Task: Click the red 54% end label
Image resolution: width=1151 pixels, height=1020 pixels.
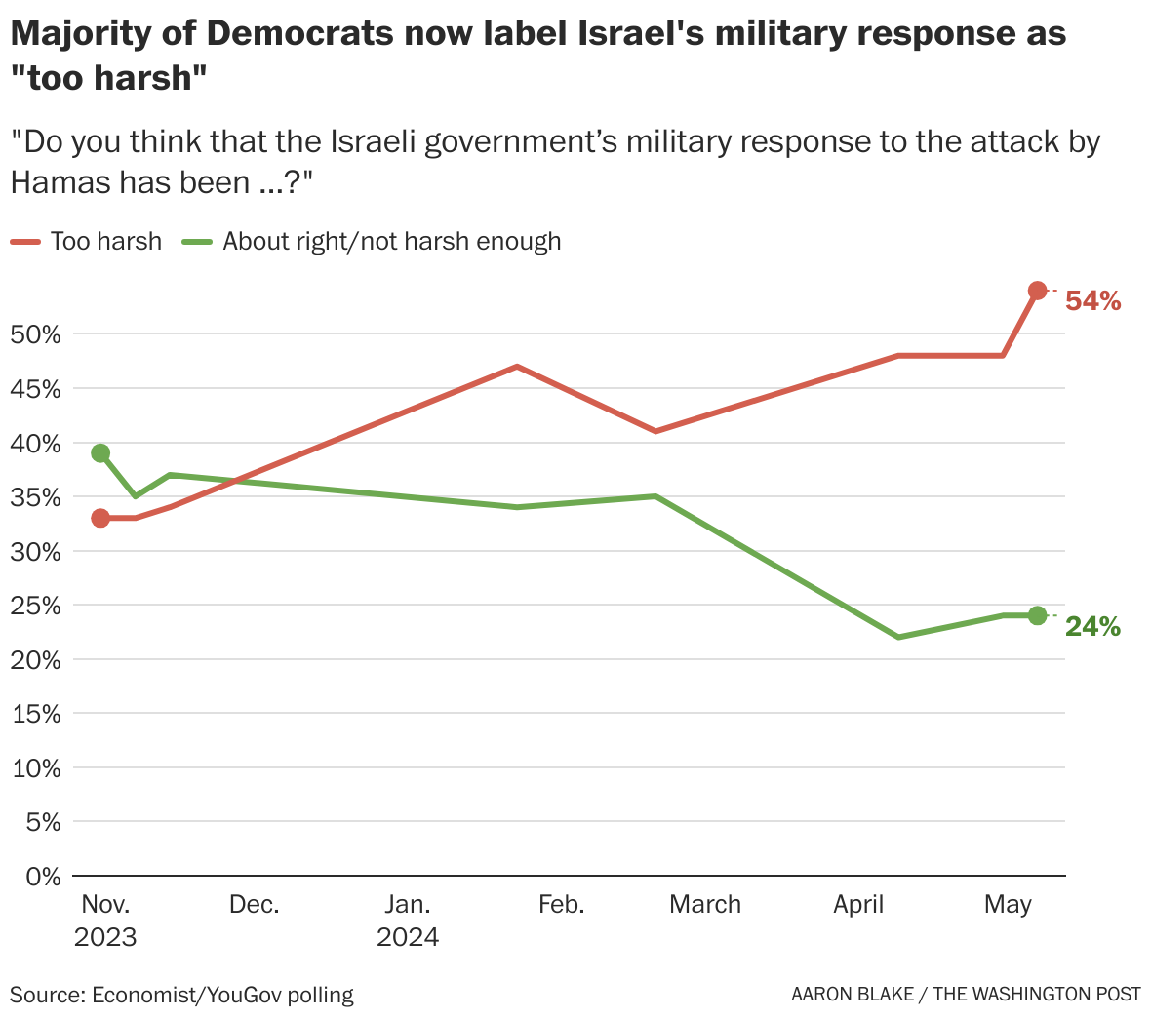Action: pos(1092,301)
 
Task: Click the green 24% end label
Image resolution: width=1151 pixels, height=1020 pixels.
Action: pos(1092,627)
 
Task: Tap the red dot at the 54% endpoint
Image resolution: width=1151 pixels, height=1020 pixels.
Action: pos(1037,291)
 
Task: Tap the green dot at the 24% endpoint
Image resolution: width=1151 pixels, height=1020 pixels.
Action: pos(1037,615)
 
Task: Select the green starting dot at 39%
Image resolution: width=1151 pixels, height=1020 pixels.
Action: pos(100,453)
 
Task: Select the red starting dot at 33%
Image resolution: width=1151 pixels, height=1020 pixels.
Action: pos(100,518)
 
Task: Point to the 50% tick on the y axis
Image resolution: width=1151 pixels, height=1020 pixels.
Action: pos(36,334)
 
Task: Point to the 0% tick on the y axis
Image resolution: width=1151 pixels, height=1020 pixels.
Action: pos(43,877)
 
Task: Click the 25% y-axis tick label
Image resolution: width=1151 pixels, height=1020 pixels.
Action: pos(36,606)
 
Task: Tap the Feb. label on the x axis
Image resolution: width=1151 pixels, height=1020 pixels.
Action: pos(561,905)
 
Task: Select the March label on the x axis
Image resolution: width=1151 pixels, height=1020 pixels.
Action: pos(704,905)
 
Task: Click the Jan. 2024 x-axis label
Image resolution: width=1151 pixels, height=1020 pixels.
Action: pos(408,921)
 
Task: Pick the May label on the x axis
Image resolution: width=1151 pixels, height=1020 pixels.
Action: pos(1008,905)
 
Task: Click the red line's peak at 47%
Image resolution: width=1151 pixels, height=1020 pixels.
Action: pos(517,367)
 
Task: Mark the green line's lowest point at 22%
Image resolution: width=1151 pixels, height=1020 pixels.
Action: pos(898,637)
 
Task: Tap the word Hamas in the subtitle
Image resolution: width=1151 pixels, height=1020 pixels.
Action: pos(58,182)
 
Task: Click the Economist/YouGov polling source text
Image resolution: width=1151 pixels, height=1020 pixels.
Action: pos(222,995)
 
